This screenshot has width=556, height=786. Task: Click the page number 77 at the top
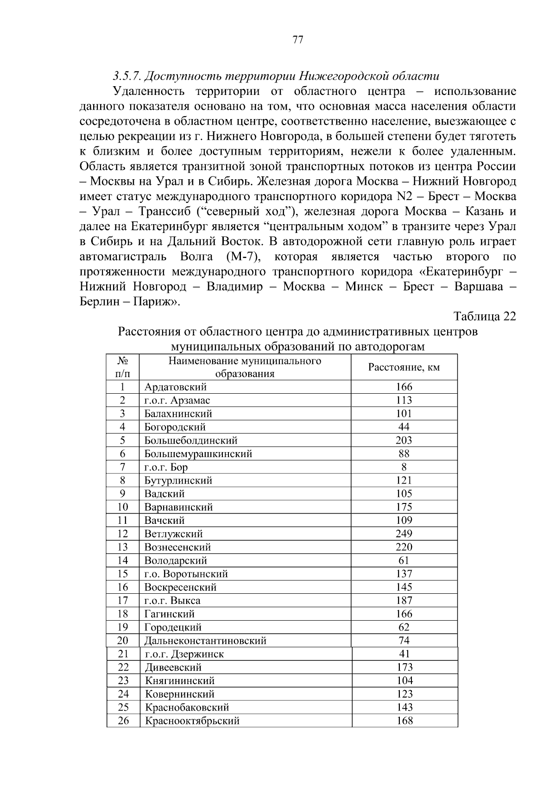[298, 40]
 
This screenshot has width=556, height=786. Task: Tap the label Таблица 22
[485, 316]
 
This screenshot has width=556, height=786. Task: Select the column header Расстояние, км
[404, 367]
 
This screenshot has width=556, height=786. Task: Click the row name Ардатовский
[176, 387]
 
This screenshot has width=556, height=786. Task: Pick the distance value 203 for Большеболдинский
[404, 440]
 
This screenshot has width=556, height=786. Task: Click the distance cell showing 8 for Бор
[404, 467]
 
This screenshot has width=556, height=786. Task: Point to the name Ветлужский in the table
[174, 534]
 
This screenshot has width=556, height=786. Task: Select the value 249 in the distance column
[404, 534]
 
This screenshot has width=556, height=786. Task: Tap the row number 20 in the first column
[122, 641]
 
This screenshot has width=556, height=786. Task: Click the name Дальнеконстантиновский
[205, 641]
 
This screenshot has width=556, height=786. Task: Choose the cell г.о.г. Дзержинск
[184, 654]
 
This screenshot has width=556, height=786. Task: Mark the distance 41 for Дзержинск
[404, 654]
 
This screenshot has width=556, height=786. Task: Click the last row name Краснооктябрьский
[192, 721]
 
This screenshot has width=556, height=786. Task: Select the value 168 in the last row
[404, 721]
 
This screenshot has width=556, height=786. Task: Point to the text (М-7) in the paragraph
[239, 257]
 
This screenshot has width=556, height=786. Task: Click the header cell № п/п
[122, 367]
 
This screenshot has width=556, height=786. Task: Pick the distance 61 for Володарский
[404, 560]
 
